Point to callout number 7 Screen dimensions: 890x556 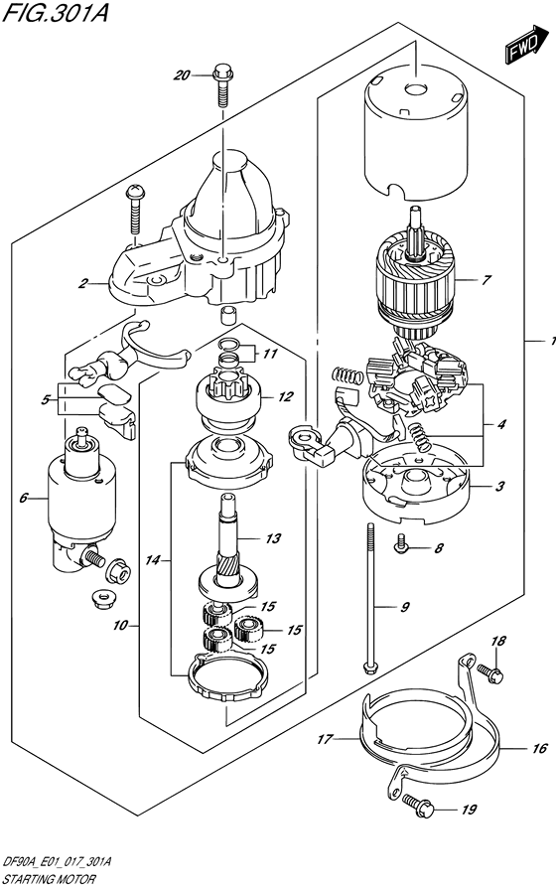click(486, 280)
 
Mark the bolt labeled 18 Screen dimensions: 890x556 click(486, 672)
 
